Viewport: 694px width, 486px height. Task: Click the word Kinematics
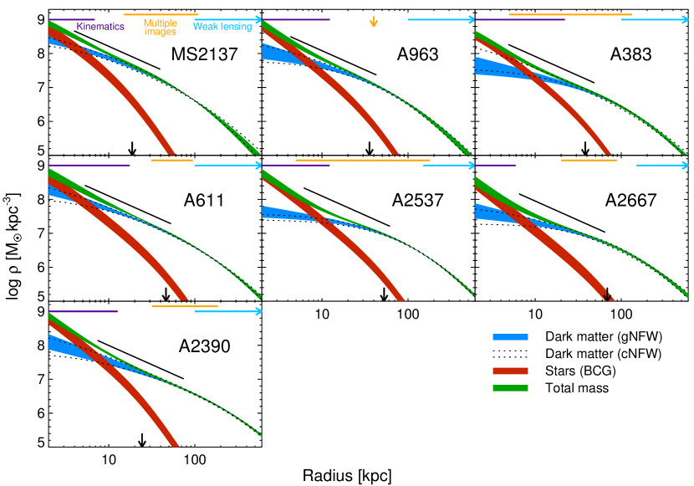(100, 27)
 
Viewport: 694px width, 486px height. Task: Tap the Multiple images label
(160, 28)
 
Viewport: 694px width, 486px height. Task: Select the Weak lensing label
(222, 27)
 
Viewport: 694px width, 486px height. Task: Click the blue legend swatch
(510, 337)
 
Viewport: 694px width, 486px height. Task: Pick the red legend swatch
(510, 371)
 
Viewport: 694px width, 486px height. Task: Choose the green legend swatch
(510, 388)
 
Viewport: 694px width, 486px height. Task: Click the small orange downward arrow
(374, 22)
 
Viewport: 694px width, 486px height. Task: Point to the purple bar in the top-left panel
(71, 19)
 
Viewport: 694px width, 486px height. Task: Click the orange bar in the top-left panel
(161, 14)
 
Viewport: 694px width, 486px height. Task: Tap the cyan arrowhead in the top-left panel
(258, 19)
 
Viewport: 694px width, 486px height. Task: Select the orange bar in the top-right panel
(570, 14)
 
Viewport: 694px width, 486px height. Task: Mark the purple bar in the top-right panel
(520, 19)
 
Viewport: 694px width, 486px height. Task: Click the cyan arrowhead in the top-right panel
(685, 19)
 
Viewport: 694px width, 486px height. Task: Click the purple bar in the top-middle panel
(296, 19)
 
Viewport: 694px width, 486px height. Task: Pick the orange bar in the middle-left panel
(171, 160)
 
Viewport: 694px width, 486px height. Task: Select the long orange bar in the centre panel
(363, 160)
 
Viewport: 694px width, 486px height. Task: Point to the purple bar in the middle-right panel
(495, 165)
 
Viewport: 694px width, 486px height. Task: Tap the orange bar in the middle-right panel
(589, 160)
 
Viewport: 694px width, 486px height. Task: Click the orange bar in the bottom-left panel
(185, 306)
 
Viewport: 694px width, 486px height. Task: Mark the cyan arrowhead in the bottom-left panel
(258, 311)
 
